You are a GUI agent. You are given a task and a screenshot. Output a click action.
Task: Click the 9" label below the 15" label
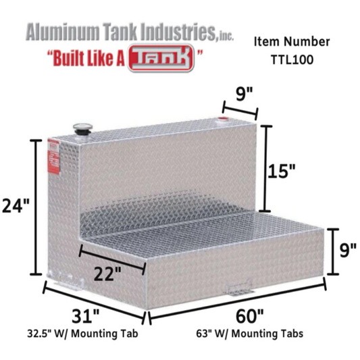click(x=346, y=251)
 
